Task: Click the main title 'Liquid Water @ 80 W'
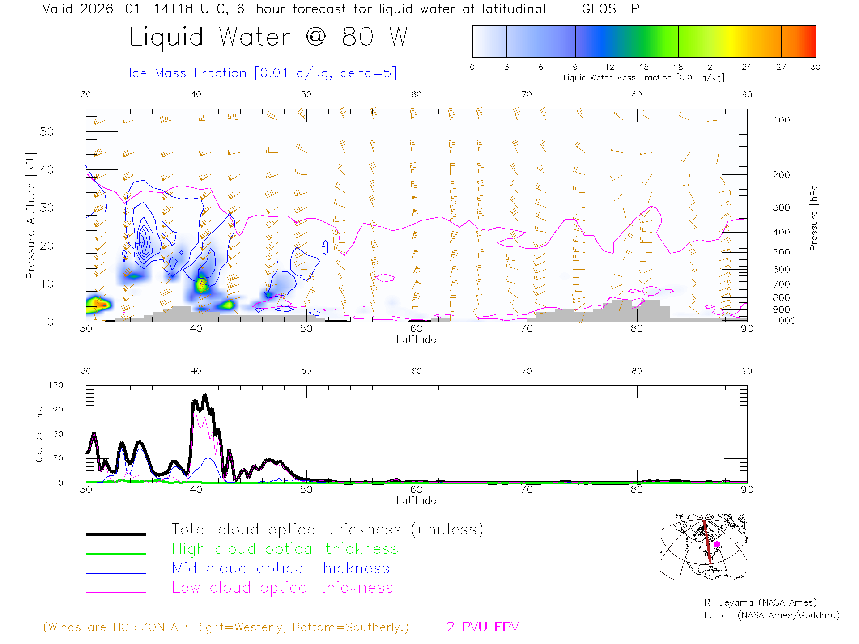pos(268,37)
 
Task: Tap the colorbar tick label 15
pos(644,67)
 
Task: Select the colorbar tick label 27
pos(781,67)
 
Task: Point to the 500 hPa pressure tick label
pos(781,252)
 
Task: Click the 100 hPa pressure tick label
pos(781,120)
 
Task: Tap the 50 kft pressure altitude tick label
pos(47,131)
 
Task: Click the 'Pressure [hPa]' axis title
pos(813,216)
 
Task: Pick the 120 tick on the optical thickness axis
pos(55,386)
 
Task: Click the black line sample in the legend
pos(116,534)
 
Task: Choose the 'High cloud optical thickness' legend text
pos(285,549)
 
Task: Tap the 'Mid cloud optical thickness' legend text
pos(281,568)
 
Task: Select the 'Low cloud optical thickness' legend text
pos(282,588)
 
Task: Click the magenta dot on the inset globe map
pos(717,544)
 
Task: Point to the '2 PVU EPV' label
pos(482,627)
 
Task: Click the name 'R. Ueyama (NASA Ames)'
pos(760,602)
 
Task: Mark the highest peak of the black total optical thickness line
pos(205,395)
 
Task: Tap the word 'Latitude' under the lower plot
pos(416,500)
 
